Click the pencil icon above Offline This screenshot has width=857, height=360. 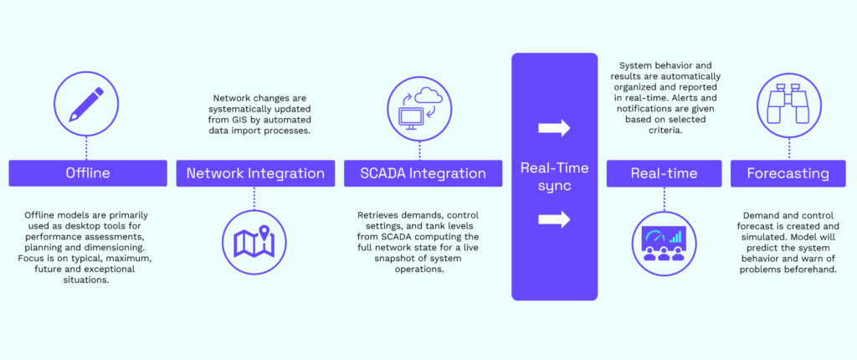[86, 104]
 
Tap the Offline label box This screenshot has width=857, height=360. [88, 173]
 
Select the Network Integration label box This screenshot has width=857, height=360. [255, 173]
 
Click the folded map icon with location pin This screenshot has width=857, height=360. [254, 241]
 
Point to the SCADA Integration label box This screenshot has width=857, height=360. [423, 173]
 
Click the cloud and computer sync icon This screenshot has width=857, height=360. [419, 105]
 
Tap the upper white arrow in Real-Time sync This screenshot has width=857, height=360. [554, 128]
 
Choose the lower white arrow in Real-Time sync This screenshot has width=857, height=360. [554, 219]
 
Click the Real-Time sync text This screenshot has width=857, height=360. [554, 177]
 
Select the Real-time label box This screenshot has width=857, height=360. [664, 173]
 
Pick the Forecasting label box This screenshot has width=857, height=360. [788, 173]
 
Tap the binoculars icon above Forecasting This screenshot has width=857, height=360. [788, 105]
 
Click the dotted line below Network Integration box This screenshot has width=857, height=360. [254, 198]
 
